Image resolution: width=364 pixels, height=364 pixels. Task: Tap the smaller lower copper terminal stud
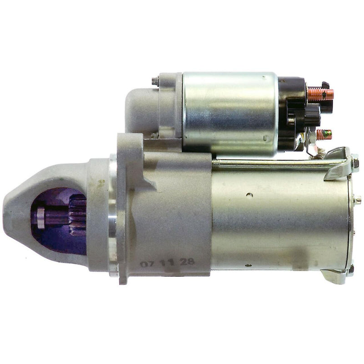coord(324,134)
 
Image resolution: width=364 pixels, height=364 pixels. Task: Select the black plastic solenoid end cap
coord(291,111)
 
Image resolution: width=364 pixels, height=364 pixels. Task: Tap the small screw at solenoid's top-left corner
coord(155,82)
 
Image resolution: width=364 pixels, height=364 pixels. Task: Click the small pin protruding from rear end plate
coord(358,199)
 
